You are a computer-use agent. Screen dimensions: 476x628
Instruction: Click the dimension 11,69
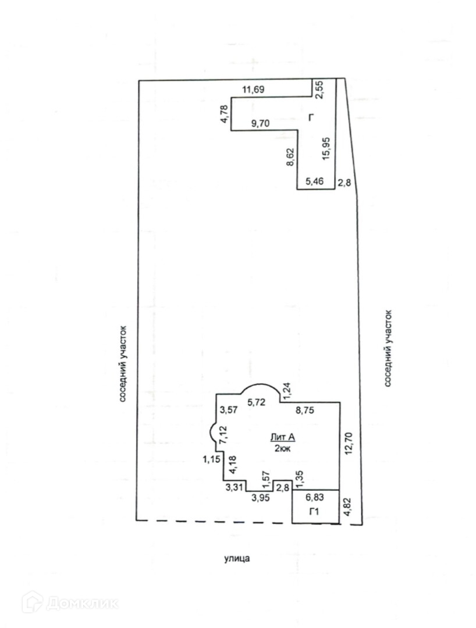point(253,90)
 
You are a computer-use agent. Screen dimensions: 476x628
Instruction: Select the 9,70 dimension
point(261,123)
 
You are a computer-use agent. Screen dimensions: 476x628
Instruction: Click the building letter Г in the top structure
point(311,119)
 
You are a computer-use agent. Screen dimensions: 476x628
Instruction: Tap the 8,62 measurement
point(291,157)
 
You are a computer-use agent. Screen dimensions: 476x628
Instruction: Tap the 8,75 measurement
point(306,410)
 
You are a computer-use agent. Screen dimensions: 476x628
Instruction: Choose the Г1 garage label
point(315,512)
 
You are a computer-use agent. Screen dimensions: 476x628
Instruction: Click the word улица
point(236,559)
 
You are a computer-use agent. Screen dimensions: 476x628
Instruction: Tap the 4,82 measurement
point(348,507)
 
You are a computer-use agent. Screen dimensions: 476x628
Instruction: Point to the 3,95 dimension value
point(261,497)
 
